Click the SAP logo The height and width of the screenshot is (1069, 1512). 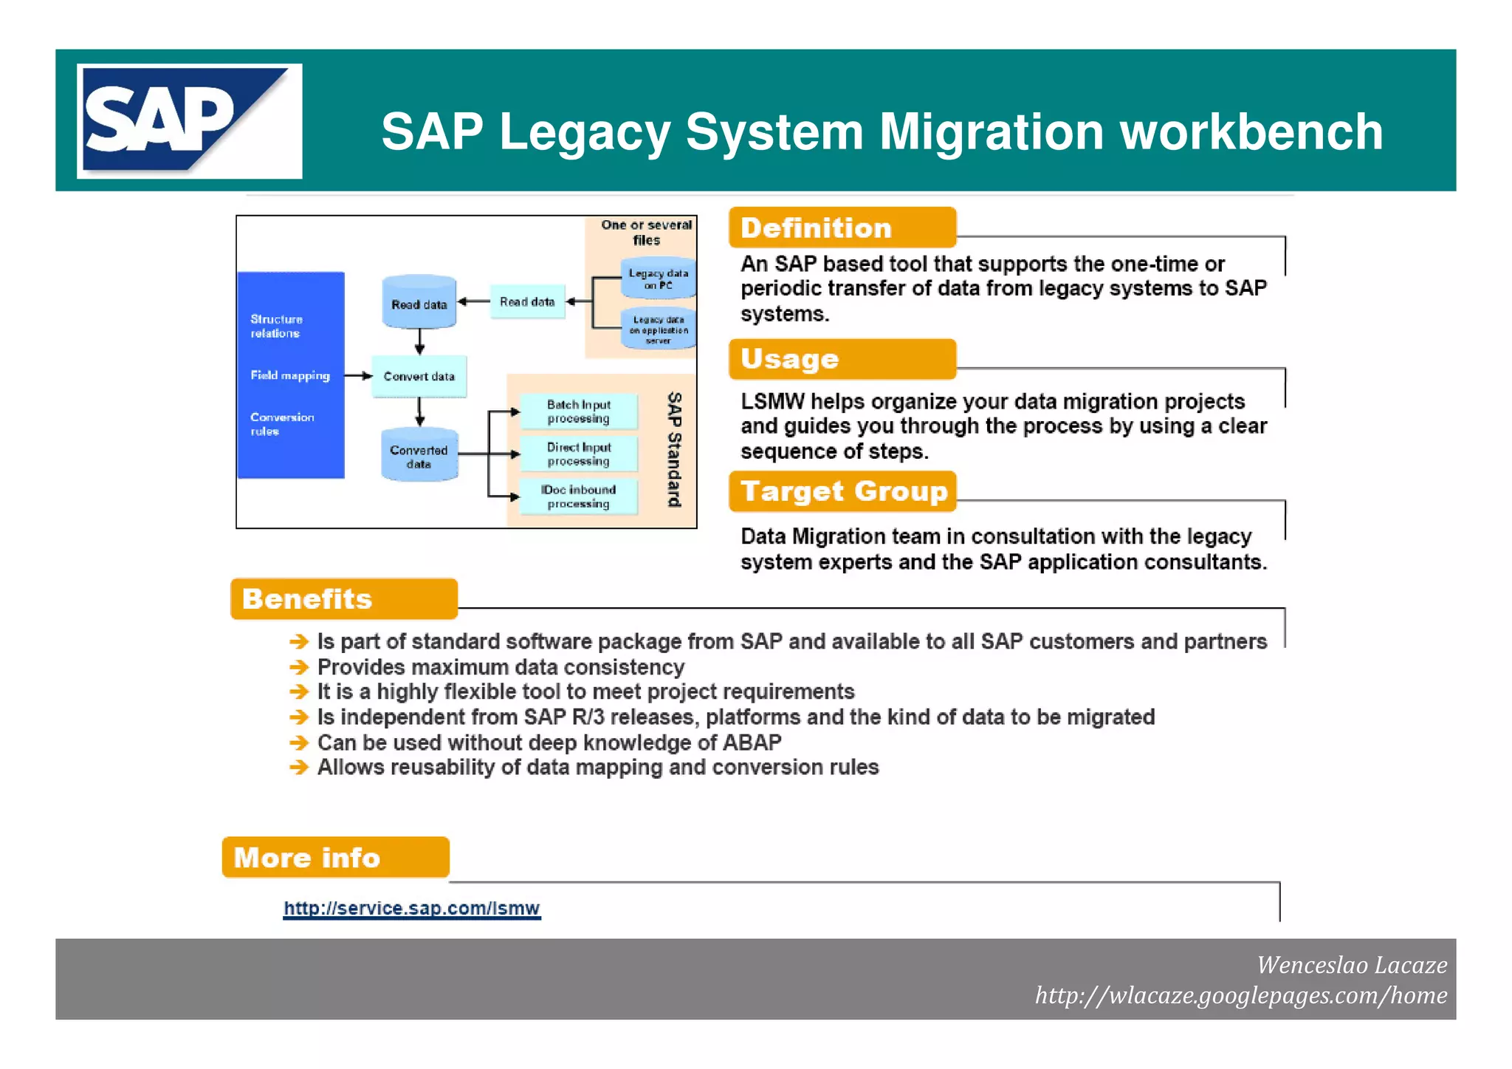click(189, 121)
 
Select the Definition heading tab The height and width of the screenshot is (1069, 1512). click(842, 228)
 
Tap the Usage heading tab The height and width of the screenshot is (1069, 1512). click(842, 359)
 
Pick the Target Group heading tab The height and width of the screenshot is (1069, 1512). click(842, 491)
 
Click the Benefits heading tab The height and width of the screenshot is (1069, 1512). click(343, 598)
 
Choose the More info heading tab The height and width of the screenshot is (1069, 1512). click(335, 857)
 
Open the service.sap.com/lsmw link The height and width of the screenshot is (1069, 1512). click(411, 908)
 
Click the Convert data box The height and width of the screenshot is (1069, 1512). click(419, 376)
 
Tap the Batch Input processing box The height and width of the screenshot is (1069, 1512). click(578, 411)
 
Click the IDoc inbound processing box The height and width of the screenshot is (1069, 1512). click(578, 496)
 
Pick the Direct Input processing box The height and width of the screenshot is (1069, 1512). click(578, 454)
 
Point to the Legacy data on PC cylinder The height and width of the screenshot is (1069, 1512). click(657, 279)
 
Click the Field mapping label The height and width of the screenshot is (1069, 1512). click(289, 375)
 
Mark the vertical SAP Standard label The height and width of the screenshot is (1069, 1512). click(673, 449)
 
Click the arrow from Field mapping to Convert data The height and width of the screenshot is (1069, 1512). click(358, 376)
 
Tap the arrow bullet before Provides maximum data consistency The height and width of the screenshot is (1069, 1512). click(299, 667)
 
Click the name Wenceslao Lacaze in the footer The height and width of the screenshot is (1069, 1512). click(1351, 965)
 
